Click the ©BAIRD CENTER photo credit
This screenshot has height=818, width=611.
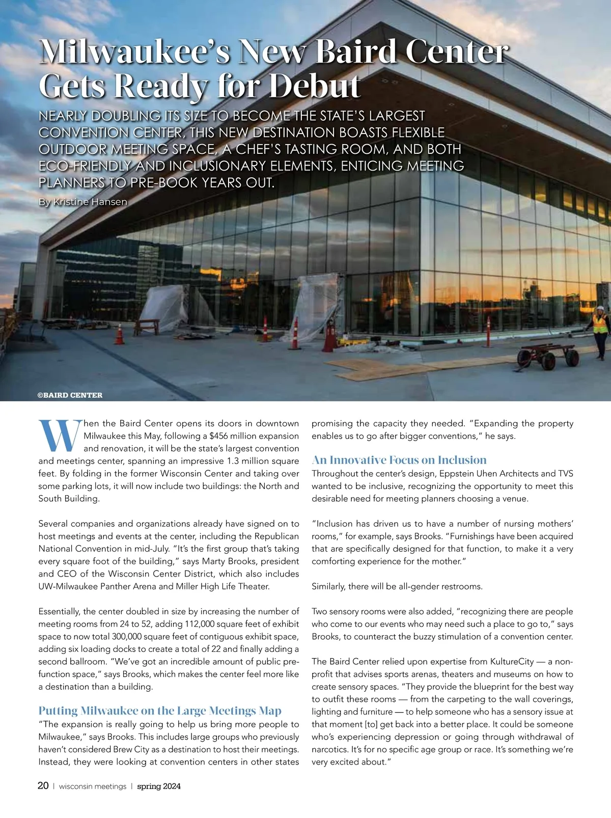pyautogui.click(x=70, y=395)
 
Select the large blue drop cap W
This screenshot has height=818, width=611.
pyautogui.click(x=60, y=436)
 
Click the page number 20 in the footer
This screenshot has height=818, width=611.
pyautogui.click(x=43, y=786)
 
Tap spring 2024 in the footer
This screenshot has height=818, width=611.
pyautogui.click(x=159, y=786)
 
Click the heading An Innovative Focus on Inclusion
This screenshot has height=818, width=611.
pyautogui.click(x=399, y=460)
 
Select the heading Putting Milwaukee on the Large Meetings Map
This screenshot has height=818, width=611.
pyautogui.click(x=160, y=711)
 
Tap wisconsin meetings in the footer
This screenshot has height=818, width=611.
pyautogui.click(x=93, y=786)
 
